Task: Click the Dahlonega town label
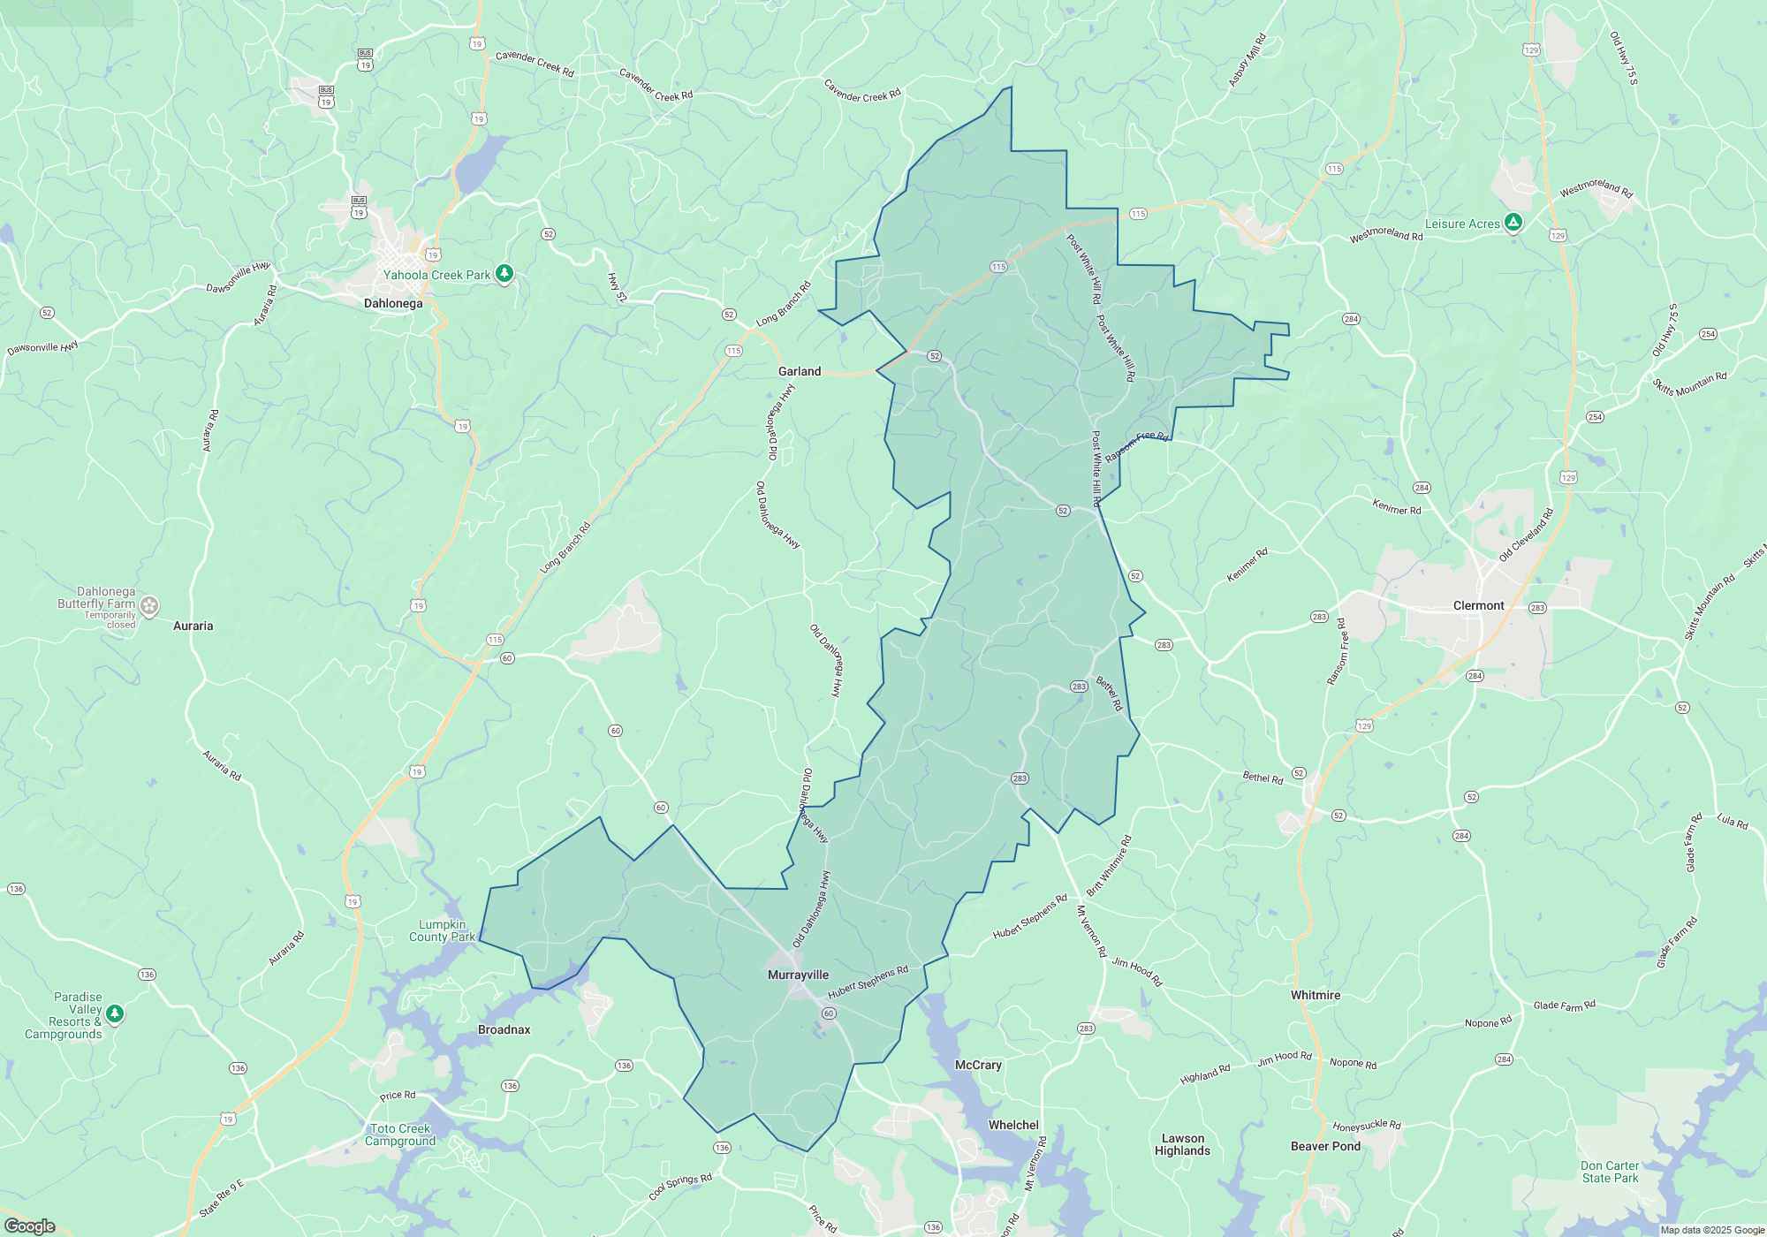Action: (x=393, y=304)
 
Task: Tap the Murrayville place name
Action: (x=798, y=975)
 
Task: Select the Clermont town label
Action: (x=1478, y=606)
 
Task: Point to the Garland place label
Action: (x=799, y=372)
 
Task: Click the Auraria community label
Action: (x=193, y=626)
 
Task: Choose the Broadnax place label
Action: (x=504, y=1030)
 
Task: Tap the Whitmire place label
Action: (x=1315, y=996)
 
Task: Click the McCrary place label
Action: (x=978, y=1066)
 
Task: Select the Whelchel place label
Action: (x=1013, y=1126)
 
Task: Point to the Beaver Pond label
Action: (x=1325, y=1147)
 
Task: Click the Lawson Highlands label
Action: (x=1182, y=1145)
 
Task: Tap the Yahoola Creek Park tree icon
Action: (x=504, y=274)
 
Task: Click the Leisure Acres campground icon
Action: (x=1513, y=223)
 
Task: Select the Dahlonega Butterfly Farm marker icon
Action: (x=149, y=606)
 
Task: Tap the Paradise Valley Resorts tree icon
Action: (x=114, y=1014)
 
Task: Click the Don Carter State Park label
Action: (x=1610, y=1172)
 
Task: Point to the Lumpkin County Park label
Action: (x=442, y=931)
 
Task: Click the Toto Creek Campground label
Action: (x=400, y=1135)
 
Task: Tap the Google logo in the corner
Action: (x=29, y=1226)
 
